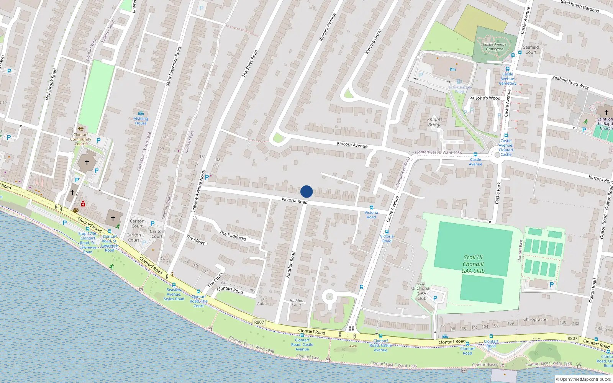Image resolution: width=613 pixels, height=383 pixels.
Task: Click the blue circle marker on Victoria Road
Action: (x=306, y=191)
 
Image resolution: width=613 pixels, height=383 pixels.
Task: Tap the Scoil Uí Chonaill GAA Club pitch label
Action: (x=473, y=264)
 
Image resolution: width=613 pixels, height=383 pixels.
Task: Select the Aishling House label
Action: (x=141, y=121)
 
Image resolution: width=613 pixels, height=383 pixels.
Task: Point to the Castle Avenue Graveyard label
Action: (x=495, y=47)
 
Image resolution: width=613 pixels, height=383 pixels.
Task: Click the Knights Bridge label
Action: (x=435, y=122)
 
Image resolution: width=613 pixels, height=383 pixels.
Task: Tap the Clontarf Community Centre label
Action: (x=80, y=139)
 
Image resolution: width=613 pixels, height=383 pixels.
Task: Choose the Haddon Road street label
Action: (x=291, y=264)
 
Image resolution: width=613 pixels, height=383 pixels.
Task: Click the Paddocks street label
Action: (x=233, y=235)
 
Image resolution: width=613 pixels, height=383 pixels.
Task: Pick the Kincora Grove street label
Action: (x=373, y=41)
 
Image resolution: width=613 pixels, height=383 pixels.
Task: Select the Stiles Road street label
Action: (x=250, y=63)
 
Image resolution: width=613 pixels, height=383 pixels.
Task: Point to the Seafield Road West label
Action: (x=570, y=82)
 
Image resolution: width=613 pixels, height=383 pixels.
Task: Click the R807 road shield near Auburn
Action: (x=259, y=322)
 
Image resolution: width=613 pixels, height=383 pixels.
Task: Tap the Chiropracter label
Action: (x=535, y=319)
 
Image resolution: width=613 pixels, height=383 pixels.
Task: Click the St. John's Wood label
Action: (x=485, y=98)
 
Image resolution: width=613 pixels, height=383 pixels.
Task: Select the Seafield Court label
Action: (x=531, y=50)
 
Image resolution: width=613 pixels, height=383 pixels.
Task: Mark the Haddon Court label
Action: (x=296, y=303)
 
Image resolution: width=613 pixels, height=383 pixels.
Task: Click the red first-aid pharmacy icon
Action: (x=83, y=204)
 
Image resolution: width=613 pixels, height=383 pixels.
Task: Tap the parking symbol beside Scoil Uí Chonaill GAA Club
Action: (x=435, y=298)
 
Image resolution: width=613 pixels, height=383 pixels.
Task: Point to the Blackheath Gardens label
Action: (x=580, y=6)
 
